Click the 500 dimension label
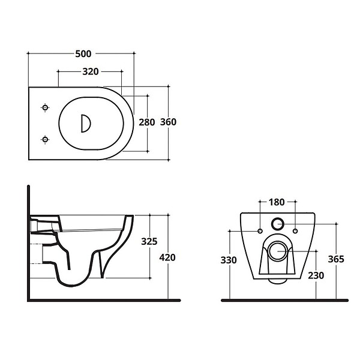[83, 54]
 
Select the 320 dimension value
[91, 71]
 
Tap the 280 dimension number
[147, 122]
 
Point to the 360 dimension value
[168, 122]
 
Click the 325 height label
[149, 241]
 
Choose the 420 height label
[167, 257]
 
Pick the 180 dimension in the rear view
[277, 202]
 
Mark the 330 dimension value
[229, 260]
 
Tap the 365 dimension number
[336, 259]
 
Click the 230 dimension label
[316, 275]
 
